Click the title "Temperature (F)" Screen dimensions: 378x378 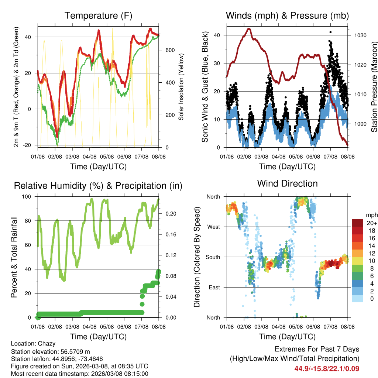pos(98,16)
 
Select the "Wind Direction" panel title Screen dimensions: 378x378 pos(287,183)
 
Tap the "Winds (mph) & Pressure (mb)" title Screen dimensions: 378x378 pos(287,16)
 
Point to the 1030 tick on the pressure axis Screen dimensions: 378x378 pos(360,35)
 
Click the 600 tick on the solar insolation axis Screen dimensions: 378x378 pos(169,50)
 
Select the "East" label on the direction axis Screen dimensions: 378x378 pos(214,287)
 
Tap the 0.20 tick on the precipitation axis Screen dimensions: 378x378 pos(169,214)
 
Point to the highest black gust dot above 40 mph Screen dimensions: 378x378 pos(331,32)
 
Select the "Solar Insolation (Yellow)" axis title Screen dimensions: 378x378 pos(181,87)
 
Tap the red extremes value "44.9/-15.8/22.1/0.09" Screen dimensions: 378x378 pos(327,368)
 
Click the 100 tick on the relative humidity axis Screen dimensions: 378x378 pos(28,196)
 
